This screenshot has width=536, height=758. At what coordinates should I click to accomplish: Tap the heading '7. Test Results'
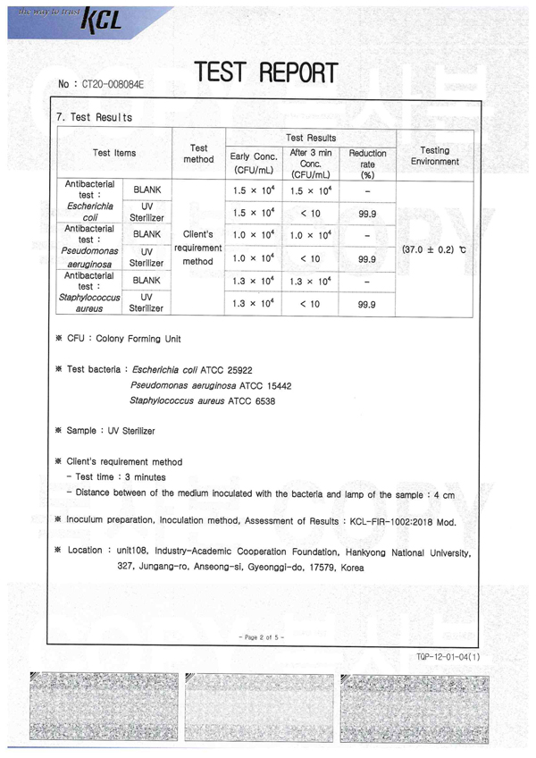coord(94,117)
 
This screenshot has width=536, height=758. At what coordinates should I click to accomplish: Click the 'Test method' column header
coord(199,154)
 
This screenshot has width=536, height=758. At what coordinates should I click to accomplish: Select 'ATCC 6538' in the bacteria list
coord(250,401)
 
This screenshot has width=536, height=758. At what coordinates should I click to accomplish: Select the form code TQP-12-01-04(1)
coord(448,657)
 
